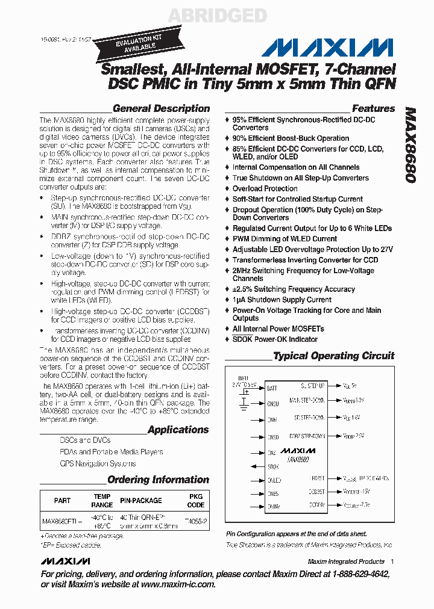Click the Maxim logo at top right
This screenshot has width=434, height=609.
(x=331, y=48)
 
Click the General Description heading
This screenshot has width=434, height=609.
(x=161, y=109)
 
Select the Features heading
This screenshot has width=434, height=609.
(x=373, y=109)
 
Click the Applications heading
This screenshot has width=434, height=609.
(x=178, y=430)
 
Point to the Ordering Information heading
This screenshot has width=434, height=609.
(x=158, y=480)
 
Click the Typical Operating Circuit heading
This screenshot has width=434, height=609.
(x=333, y=356)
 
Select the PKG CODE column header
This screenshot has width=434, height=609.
(x=196, y=501)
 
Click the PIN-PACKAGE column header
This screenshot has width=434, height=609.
(x=140, y=501)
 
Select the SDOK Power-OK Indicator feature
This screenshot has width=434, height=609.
(x=275, y=339)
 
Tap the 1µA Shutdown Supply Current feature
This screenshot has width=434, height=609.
(x=281, y=300)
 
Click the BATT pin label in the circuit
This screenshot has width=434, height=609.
(x=272, y=388)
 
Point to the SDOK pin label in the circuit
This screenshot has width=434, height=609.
(x=273, y=466)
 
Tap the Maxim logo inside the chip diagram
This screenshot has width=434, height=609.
(x=298, y=450)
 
